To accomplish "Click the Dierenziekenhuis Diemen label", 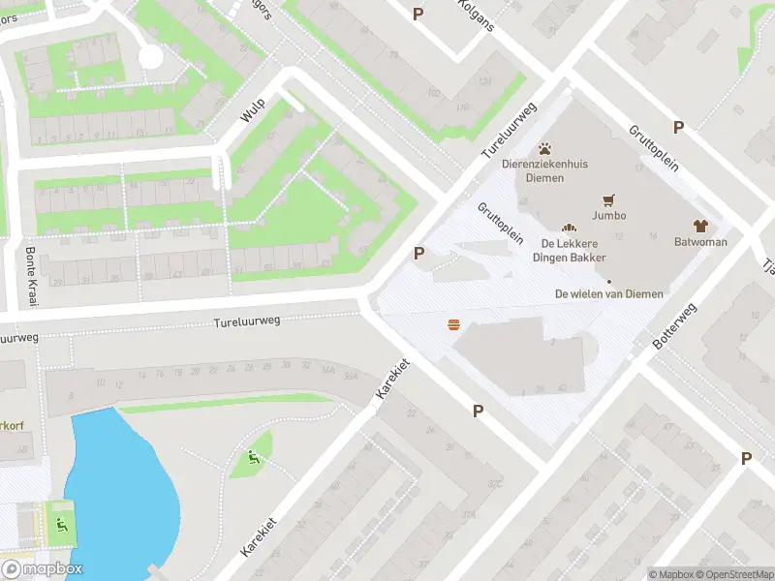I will click(x=544, y=171).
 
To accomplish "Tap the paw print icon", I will click(x=545, y=149).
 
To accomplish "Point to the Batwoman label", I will click(x=700, y=242).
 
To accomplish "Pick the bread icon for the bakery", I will click(x=569, y=227).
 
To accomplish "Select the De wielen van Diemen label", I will click(x=609, y=293).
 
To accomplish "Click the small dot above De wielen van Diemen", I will click(x=609, y=282).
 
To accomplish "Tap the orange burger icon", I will click(x=453, y=324).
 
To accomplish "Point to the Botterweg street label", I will click(x=675, y=327).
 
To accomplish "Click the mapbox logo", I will click(x=43, y=569).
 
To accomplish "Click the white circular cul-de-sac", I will click(x=150, y=56).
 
